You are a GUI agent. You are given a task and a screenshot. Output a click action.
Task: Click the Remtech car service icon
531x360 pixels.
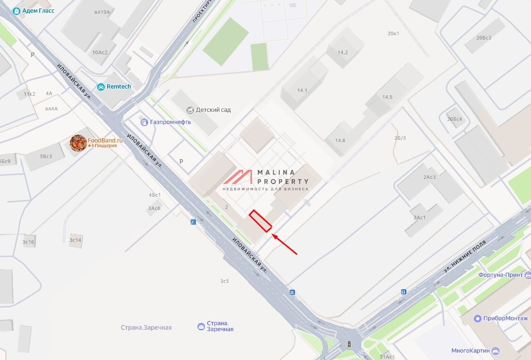[x=101, y=87]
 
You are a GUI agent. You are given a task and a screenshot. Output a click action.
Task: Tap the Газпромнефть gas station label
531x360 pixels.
[x=170, y=122]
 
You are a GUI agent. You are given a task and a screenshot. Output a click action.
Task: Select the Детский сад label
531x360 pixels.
[x=213, y=110]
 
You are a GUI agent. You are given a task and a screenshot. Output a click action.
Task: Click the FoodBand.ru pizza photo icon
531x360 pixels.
[x=78, y=143]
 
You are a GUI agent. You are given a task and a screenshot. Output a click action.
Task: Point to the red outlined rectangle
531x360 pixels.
[x=260, y=221]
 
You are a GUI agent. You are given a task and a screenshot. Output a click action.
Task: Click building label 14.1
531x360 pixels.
[x=302, y=91]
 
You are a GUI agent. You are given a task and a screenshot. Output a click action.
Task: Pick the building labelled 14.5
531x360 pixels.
[x=387, y=97]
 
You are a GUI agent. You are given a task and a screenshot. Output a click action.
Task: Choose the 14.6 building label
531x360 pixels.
[x=340, y=141]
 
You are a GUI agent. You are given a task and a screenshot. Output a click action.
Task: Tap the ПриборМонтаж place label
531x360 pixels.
[x=506, y=318]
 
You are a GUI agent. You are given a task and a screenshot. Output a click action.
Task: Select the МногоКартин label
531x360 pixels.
[x=470, y=351]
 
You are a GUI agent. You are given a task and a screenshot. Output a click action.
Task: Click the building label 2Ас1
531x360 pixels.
[x=420, y=218]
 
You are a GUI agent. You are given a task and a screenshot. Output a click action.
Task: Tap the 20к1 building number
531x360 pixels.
[x=393, y=33]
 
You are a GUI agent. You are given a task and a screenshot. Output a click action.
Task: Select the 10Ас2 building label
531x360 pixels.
[x=100, y=52]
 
